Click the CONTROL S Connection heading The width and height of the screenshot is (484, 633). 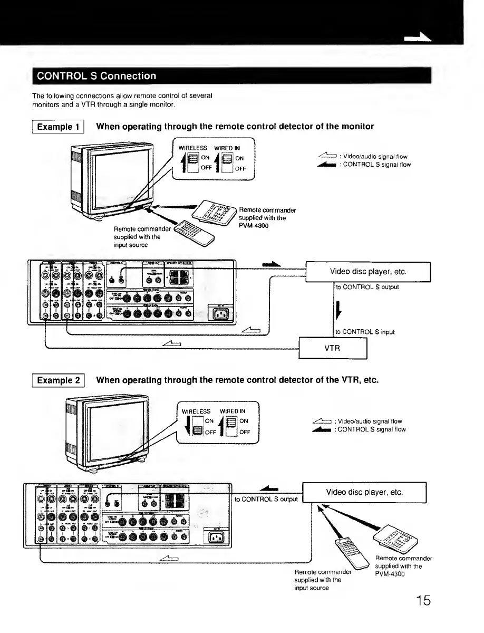pyautogui.click(x=95, y=75)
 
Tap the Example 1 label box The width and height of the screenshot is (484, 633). pyautogui.click(x=60, y=127)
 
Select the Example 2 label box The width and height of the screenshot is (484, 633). pyautogui.click(x=60, y=380)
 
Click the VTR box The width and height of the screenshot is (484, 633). pyautogui.click(x=332, y=348)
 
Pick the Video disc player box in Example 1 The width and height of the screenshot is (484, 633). pyautogui.click(x=368, y=272)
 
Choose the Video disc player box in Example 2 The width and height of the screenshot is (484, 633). pyautogui.click(x=364, y=492)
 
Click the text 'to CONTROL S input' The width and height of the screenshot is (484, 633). pyautogui.click(x=365, y=332)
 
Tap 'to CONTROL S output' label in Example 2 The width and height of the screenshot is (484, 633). pyautogui.click(x=266, y=499)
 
